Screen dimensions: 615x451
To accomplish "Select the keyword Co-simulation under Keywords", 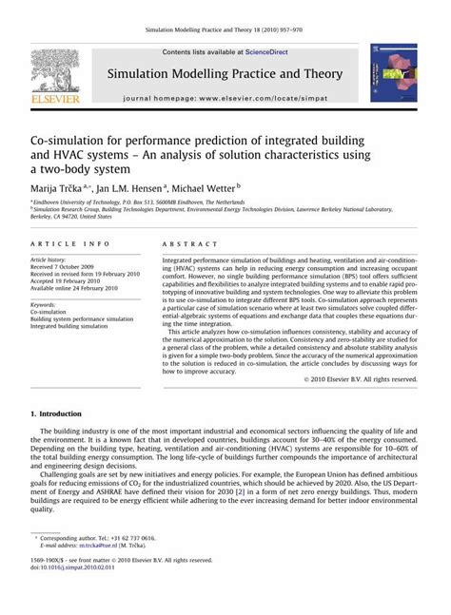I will [49, 312].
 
